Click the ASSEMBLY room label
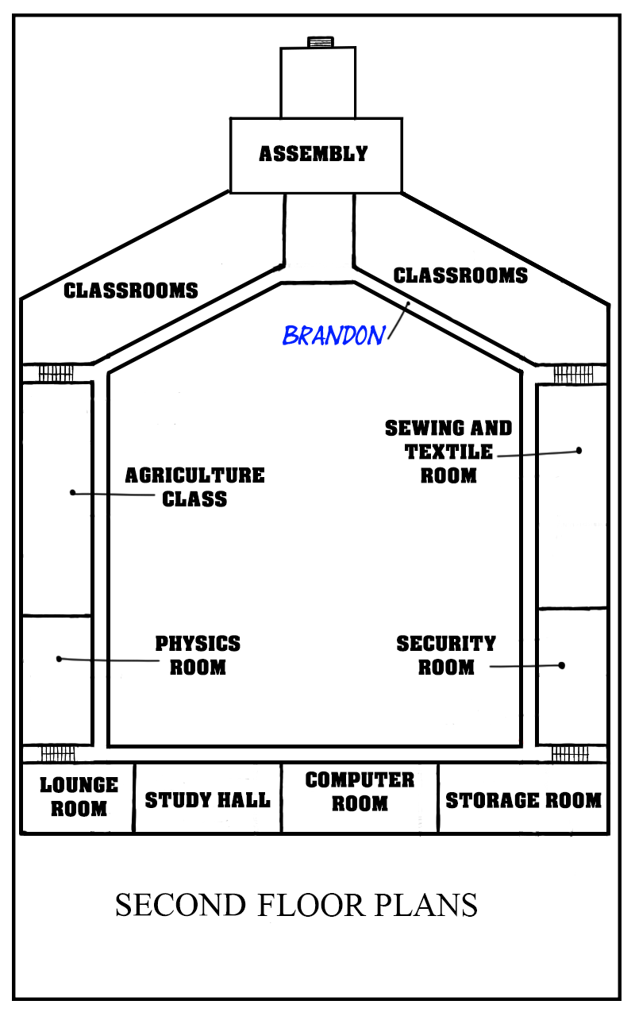click(314, 154)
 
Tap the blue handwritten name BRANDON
click(334, 336)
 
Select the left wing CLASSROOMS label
click(131, 291)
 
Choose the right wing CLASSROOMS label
click(460, 275)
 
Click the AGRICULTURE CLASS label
click(195, 487)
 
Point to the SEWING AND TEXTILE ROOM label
click(448, 452)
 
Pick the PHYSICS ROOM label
click(198, 656)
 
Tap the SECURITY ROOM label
click(446, 656)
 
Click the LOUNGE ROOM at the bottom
click(79, 797)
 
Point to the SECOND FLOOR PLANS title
click(296, 906)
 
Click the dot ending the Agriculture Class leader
click(72, 492)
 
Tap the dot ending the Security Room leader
click(561, 665)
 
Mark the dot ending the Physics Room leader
click(59, 659)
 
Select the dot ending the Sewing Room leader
click(579, 450)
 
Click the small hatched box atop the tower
click(321, 42)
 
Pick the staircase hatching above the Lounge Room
click(58, 754)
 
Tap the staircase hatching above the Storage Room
click(570, 754)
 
